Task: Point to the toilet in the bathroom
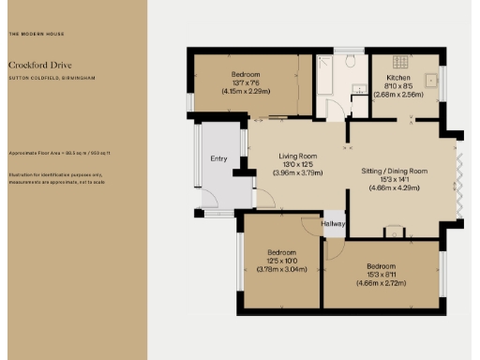tap(349, 62)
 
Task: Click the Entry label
tap(218, 158)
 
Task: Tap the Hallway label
tap(334, 223)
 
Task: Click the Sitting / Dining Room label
tap(394, 172)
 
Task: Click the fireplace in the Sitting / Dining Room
tap(394, 232)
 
